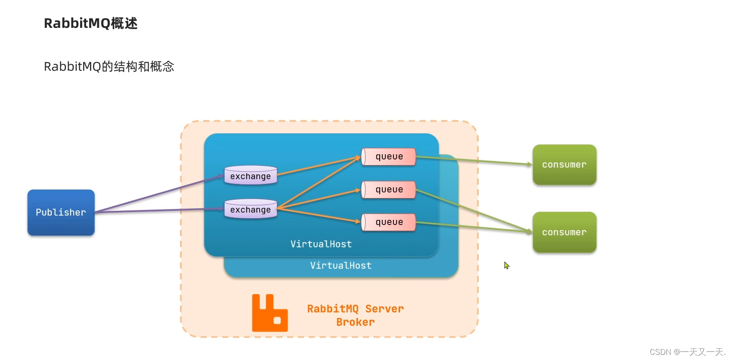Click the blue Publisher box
[x=61, y=213]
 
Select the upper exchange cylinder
[x=251, y=176]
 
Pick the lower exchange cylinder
[x=251, y=209]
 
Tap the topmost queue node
[x=389, y=157]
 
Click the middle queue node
[x=389, y=189]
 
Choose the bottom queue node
[x=389, y=222]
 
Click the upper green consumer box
[x=564, y=165]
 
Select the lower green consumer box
[x=564, y=232]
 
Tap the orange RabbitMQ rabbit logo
[x=269, y=313]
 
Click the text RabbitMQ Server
[x=355, y=309]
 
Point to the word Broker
[x=355, y=322]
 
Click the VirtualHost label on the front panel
[x=321, y=244]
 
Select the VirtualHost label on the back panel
[x=341, y=266]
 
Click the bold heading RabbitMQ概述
[x=90, y=23]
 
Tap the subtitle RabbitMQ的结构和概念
[x=109, y=66]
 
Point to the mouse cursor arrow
[x=506, y=265]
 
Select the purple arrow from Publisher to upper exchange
[x=159, y=194]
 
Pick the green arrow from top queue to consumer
[x=474, y=160]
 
